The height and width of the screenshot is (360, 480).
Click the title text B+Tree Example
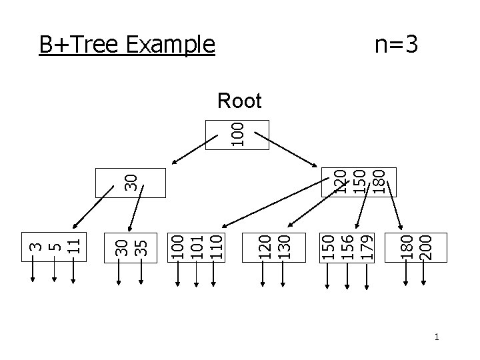tap(127, 45)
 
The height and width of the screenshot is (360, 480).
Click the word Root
tap(239, 101)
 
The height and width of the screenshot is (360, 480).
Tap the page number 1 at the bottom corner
tap(436, 338)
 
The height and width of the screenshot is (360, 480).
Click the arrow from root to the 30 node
tap(193, 151)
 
